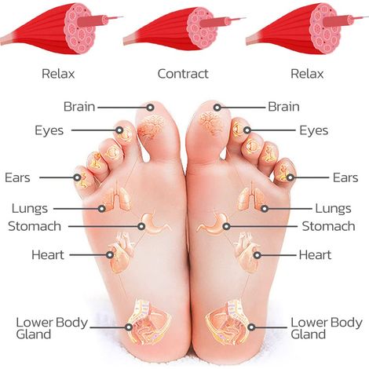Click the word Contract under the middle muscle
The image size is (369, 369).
[183, 74]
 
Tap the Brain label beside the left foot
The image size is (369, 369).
[79, 107]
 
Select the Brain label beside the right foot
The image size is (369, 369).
[283, 107]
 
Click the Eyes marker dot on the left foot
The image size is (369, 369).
[119, 130]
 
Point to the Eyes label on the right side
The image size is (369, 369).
[313, 130]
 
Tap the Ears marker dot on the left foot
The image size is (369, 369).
[77, 177]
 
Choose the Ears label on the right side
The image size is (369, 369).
[345, 177]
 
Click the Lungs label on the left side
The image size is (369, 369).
[30, 209]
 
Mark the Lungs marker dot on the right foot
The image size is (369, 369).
[265, 209]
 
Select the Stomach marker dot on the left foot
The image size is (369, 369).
[141, 226]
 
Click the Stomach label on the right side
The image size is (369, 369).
[328, 226]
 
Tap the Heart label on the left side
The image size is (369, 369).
[48, 255]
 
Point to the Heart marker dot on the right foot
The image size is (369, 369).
[258, 255]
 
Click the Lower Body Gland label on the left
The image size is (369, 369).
[52, 328]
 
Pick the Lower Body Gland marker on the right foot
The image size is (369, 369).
[251, 327]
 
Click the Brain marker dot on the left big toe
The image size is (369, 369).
[150, 108]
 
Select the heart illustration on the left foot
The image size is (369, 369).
[122, 253]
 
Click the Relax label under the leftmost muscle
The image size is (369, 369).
[58, 74]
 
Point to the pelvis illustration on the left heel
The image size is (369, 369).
[148, 321]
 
